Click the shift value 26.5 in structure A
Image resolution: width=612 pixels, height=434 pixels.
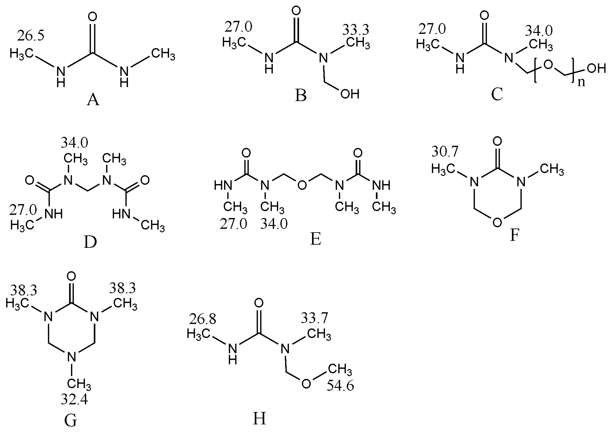(x=31, y=36)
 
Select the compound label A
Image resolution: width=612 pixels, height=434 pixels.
(x=93, y=100)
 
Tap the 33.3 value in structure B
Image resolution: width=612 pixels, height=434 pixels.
(x=356, y=30)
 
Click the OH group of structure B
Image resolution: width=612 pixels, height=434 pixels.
(x=350, y=94)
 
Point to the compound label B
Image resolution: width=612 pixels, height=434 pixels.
(x=300, y=95)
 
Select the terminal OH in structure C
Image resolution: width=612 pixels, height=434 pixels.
(x=596, y=69)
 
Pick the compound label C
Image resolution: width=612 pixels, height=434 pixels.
(x=497, y=94)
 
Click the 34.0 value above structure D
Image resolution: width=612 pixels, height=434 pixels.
(x=74, y=143)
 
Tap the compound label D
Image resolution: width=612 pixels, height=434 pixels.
(x=90, y=242)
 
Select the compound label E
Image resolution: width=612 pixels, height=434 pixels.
(x=315, y=239)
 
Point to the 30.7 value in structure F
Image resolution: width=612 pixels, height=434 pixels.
(x=445, y=152)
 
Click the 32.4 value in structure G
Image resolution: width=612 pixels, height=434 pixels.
(x=74, y=400)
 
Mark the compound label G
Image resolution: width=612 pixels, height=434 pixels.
(x=71, y=421)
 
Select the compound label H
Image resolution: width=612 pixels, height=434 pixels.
(x=259, y=419)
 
